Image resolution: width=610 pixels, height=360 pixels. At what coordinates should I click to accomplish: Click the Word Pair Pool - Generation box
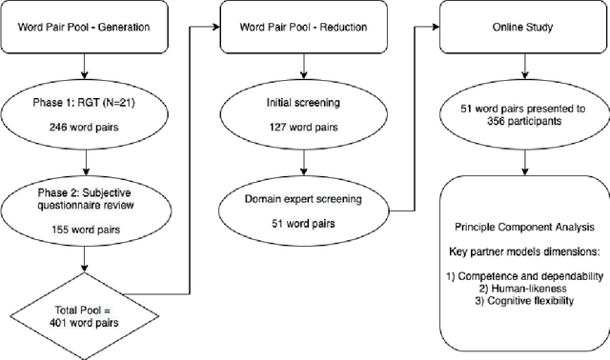pos(85,27)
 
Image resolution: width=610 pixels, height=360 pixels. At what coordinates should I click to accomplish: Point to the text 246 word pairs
pos(85,126)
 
